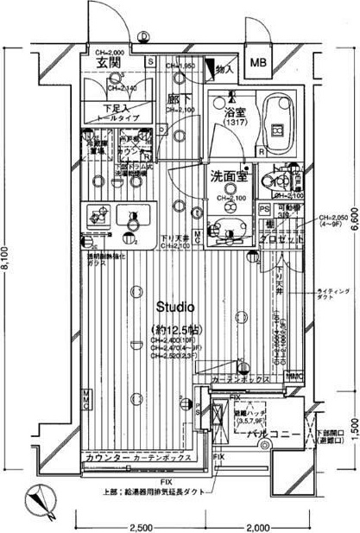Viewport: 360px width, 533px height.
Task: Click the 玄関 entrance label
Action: [108, 63]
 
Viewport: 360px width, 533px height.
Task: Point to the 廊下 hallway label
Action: [179, 99]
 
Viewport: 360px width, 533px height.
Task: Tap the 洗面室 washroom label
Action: [229, 176]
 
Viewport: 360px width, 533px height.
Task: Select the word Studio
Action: [175, 307]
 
